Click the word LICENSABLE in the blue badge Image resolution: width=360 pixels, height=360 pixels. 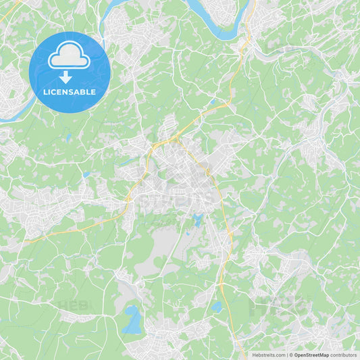(x=70, y=91)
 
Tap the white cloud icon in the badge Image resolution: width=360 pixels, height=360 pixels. (x=69, y=55)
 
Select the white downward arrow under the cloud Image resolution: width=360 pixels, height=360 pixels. (x=66, y=76)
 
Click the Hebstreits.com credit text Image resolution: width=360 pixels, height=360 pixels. (x=269, y=355)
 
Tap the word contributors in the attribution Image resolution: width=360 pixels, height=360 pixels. (x=343, y=355)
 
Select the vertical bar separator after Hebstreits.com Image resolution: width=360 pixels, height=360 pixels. (x=287, y=355)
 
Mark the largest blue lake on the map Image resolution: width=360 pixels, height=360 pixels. (x=132, y=319)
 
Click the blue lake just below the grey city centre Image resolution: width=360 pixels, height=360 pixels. (x=197, y=220)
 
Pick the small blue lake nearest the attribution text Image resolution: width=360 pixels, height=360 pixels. (x=216, y=306)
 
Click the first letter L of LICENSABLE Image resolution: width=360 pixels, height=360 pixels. (x=45, y=91)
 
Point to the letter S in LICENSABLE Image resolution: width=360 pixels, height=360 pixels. (x=74, y=91)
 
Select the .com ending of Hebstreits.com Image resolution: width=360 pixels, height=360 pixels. (x=280, y=355)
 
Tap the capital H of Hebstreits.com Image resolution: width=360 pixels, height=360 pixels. (x=254, y=355)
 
